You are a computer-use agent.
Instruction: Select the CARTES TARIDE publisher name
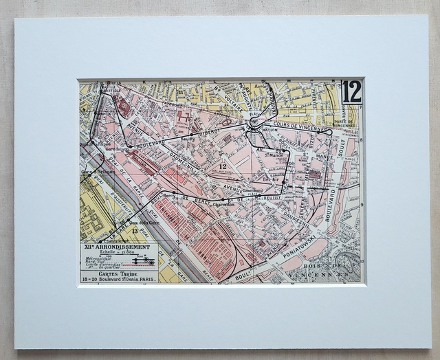coord(118,272)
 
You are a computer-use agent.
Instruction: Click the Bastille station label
coord(111,90)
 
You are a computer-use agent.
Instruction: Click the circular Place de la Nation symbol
coord(254,122)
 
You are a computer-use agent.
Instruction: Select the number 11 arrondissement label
coord(180,91)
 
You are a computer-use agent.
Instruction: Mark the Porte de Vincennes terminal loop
coord(330,131)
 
